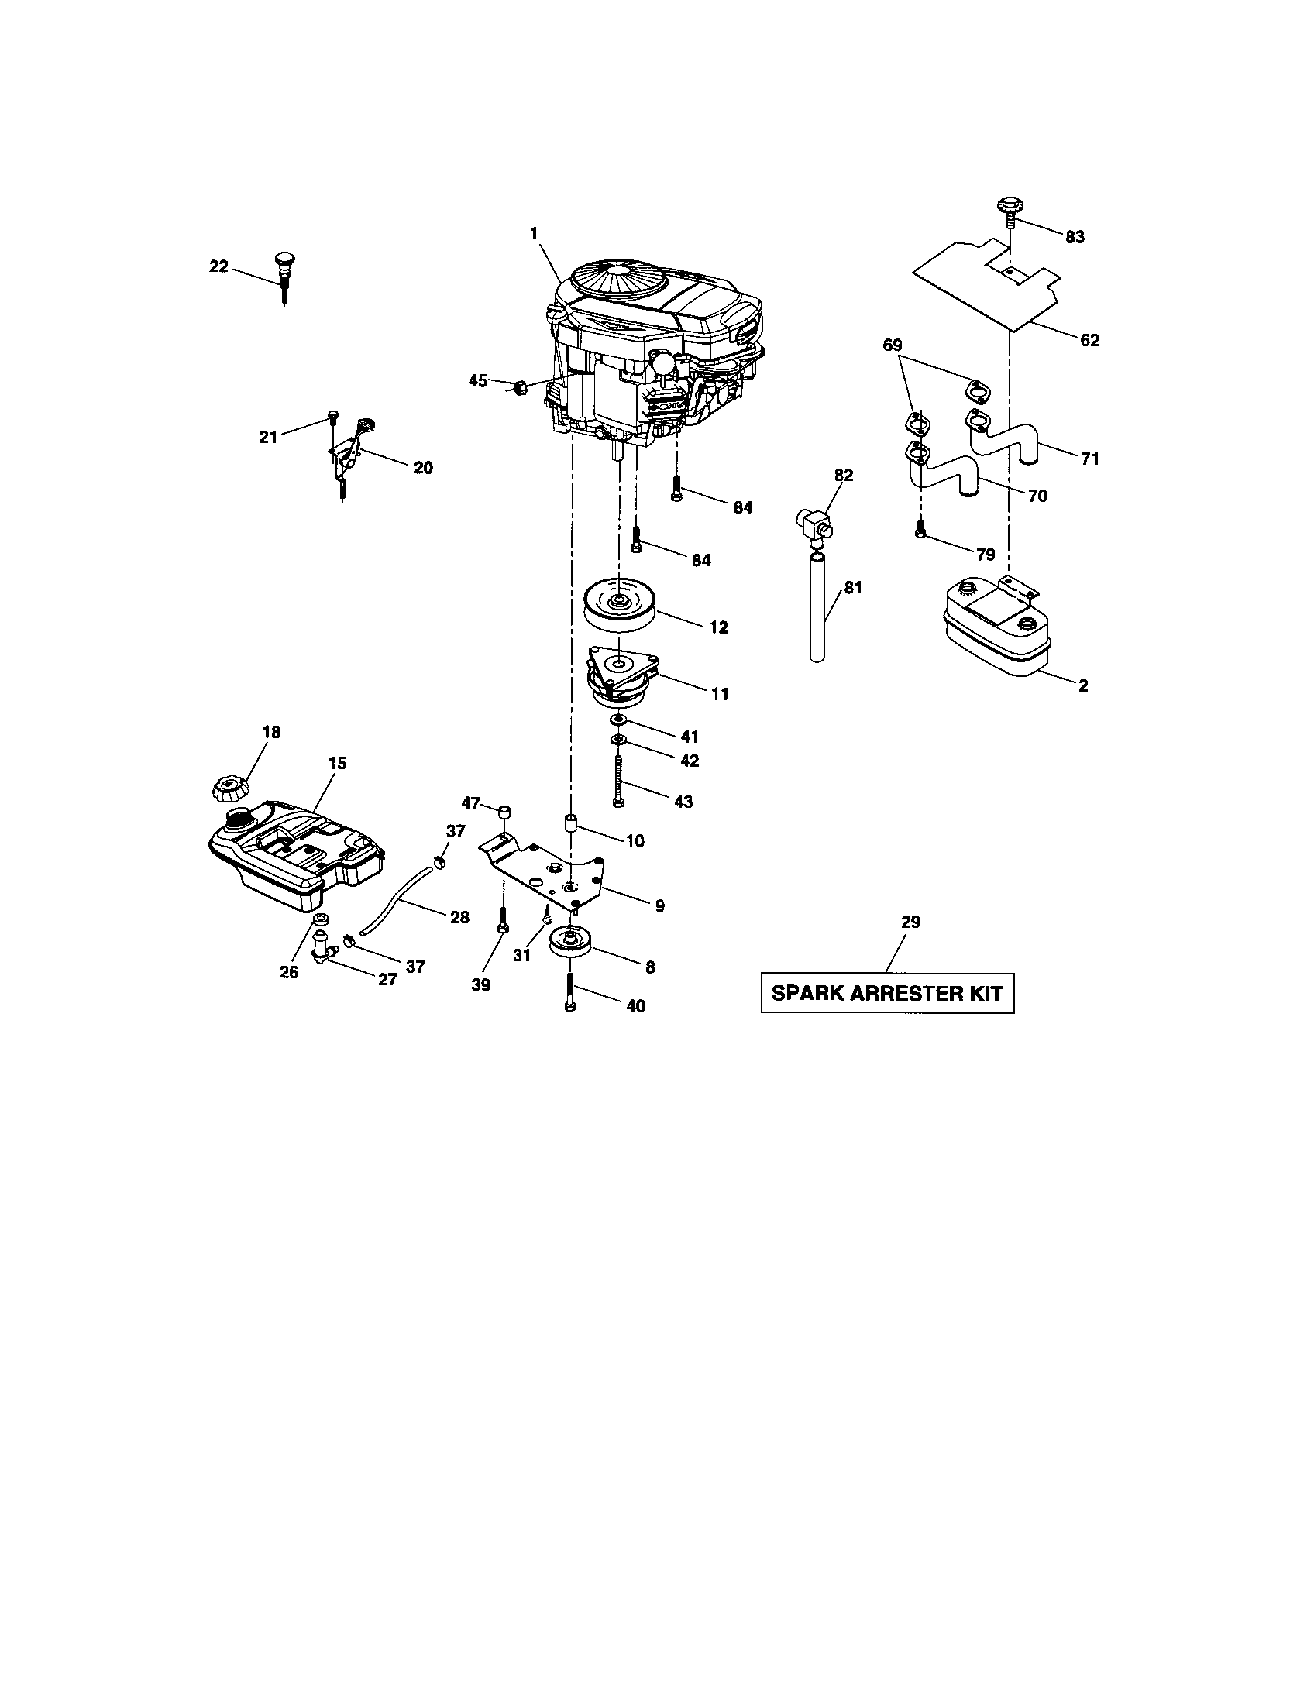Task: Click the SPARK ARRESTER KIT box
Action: (887, 993)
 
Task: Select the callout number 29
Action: (910, 922)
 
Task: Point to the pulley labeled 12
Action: (619, 606)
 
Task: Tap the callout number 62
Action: (1089, 340)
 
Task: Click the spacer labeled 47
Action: (504, 812)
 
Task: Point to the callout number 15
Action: (337, 763)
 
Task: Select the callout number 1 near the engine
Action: (534, 232)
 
